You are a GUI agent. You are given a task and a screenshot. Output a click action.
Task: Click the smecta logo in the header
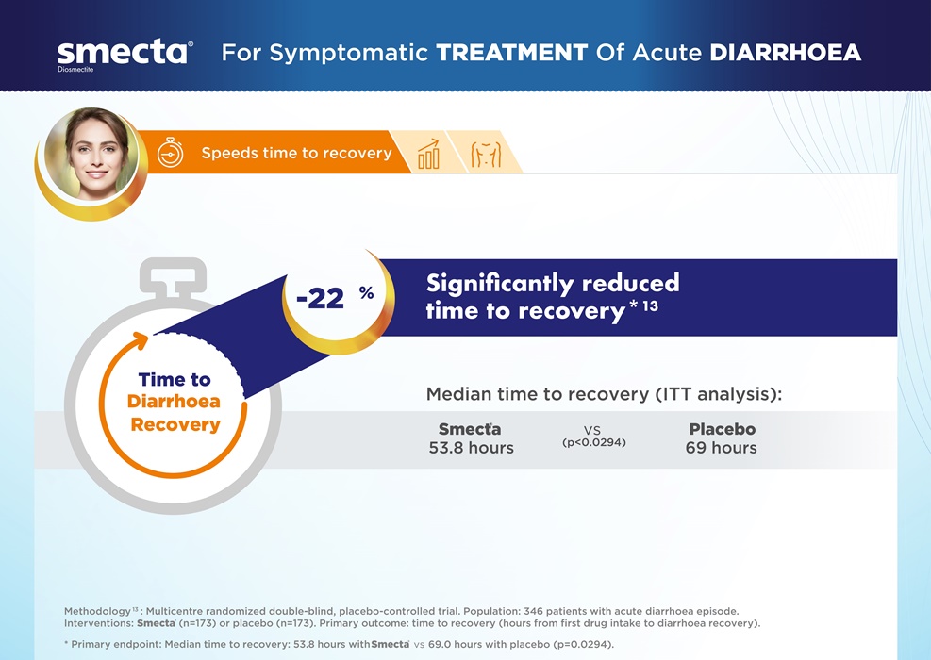pyautogui.click(x=125, y=54)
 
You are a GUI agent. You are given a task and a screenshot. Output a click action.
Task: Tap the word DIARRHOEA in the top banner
pyautogui.click(x=786, y=52)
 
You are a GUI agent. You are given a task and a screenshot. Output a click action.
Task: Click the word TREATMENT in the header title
pyautogui.click(x=512, y=52)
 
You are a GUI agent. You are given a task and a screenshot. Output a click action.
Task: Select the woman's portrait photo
pyautogui.click(x=93, y=155)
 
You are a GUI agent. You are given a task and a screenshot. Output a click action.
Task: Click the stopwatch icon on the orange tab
pyautogui.click(x=171, y=153)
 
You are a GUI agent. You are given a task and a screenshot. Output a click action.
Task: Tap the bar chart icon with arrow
pyautogui.click(x=428, y=155)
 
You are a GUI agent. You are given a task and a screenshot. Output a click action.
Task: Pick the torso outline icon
pyautogui.click(x=486, y=155)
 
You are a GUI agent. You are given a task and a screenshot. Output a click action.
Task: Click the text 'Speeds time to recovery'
pyautogui.click(x=296, y=153)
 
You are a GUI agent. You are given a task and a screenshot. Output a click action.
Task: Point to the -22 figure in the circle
pyautogui.click(x=320, y=298)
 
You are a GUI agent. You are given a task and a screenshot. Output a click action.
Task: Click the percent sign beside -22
pyautogui.click(x=366, y=292)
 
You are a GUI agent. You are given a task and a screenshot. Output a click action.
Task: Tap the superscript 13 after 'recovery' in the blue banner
pyautogui.click(x=651, y=305)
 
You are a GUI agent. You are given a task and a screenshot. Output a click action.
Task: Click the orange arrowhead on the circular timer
pyautogui.click(x=141, y=340)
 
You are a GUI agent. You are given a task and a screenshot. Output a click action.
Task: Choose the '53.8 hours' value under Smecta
pyautogui.click(x=472, y=448)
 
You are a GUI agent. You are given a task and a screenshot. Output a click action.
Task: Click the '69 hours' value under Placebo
pyautogui.click(x=722, y=448)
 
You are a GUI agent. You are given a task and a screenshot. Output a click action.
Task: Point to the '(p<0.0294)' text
pyautogui.click(x=594, y=442)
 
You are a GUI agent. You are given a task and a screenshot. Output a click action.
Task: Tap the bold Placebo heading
pyautogui.click(x=723, y=429)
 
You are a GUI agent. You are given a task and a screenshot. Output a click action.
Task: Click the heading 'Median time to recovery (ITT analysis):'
pyautogui.click(x=604, y=394)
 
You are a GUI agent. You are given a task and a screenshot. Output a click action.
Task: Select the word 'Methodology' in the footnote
pyautogui.click(x=97, y=611)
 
